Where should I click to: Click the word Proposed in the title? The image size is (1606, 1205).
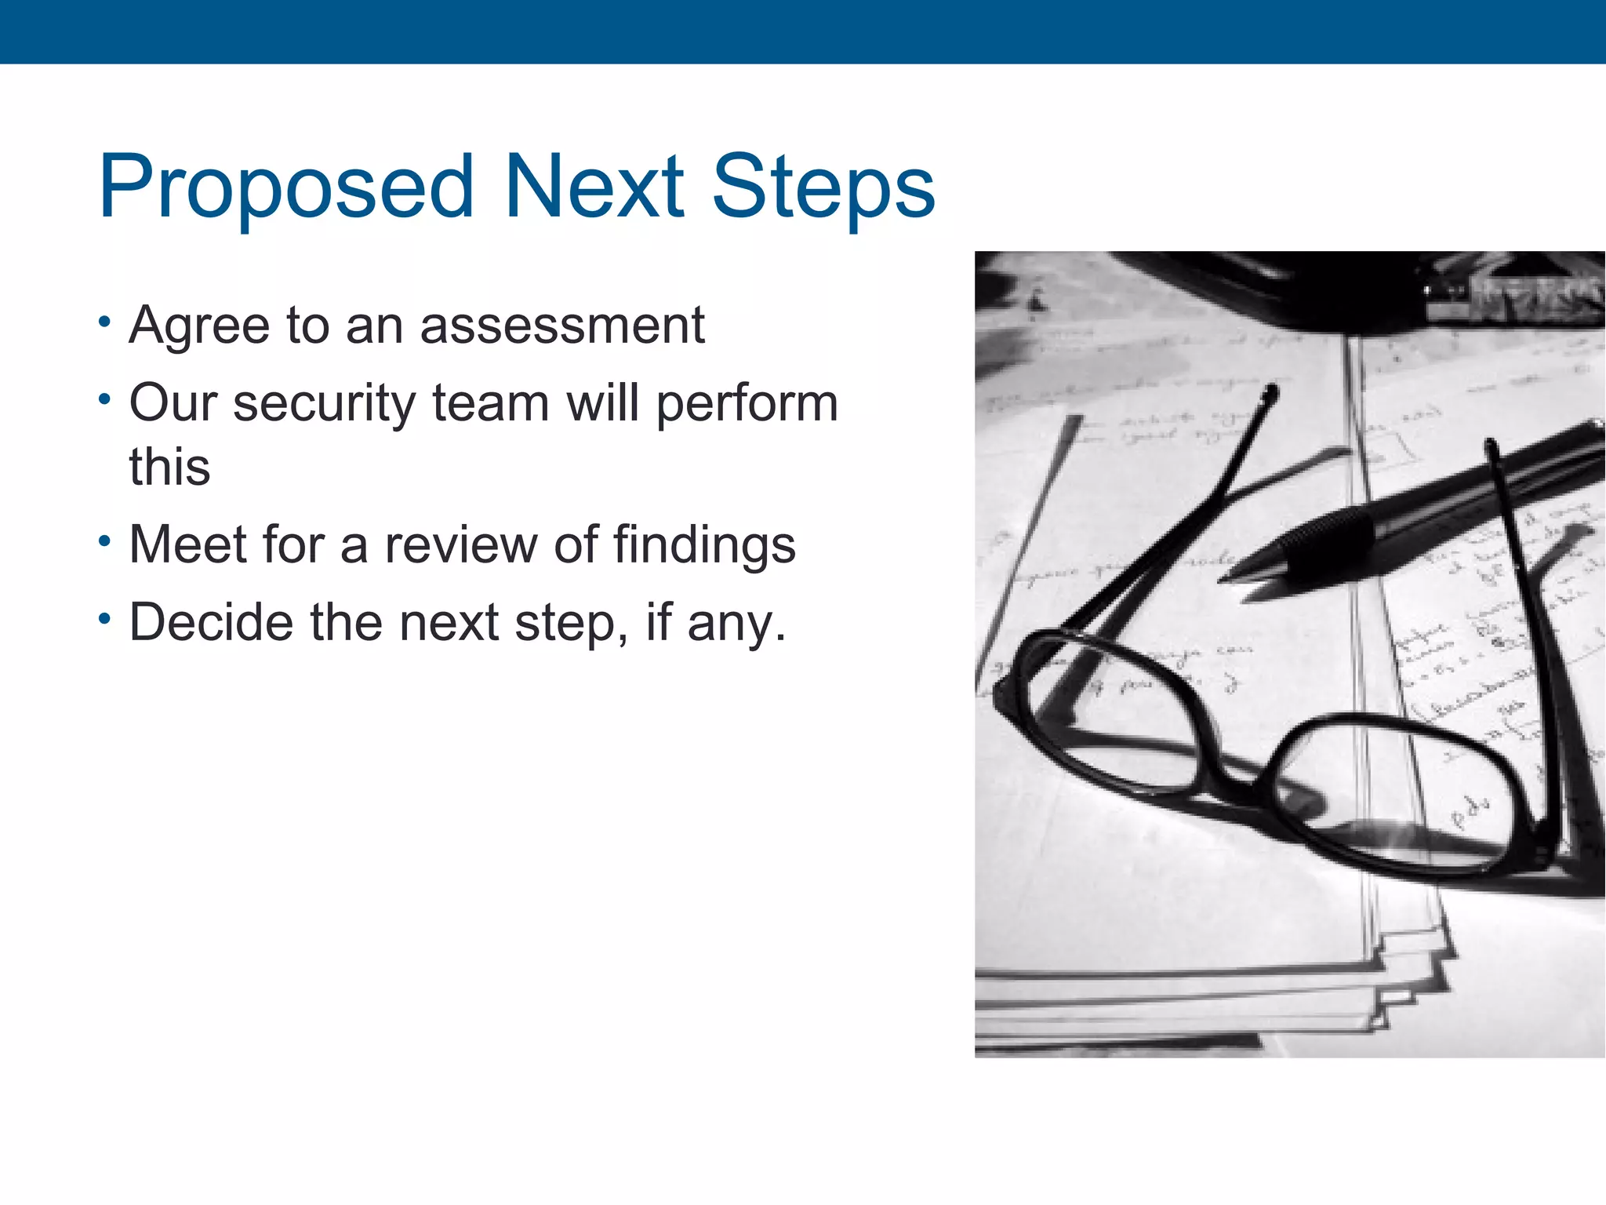286,187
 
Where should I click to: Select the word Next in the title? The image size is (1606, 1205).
594,187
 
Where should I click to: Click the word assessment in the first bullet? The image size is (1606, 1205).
562,325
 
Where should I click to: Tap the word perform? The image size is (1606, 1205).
747,403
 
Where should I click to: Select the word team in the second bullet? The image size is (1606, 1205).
491,403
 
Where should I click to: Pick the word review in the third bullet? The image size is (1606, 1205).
460,544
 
